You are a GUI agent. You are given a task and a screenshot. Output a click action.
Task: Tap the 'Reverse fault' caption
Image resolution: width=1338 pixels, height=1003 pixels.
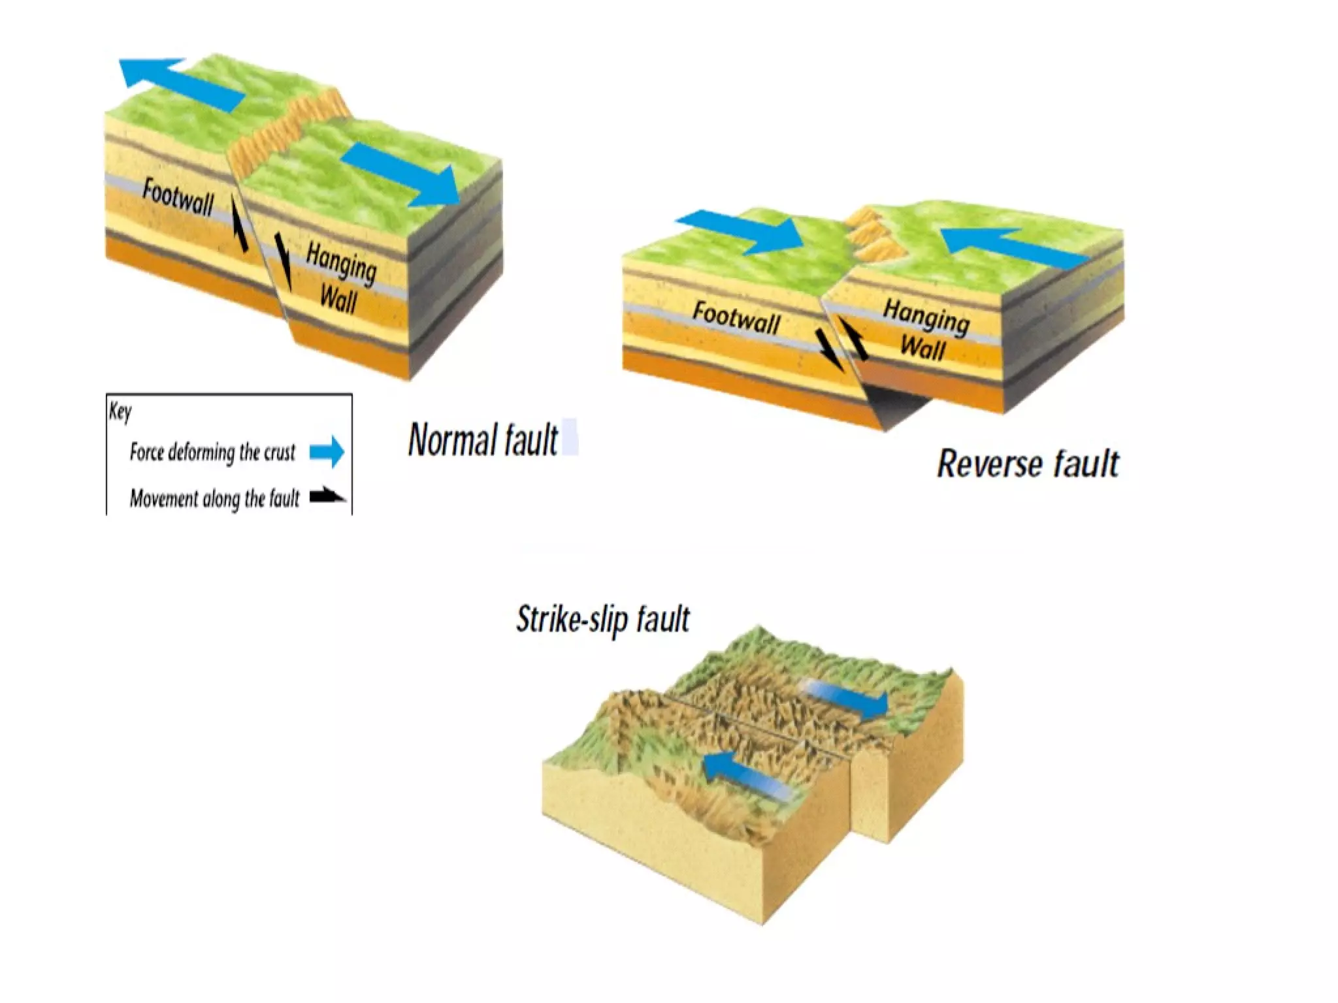point(1028,464)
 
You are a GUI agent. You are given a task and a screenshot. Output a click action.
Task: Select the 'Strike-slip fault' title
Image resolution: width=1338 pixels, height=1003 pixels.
point(602,618)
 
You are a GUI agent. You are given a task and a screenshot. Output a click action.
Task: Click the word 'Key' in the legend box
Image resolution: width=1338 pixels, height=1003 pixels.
point(120,411)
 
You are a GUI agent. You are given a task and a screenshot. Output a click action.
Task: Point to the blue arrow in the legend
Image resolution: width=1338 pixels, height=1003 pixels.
point(327,451)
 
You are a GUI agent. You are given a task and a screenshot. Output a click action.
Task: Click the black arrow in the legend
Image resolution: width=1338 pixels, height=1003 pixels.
point(327,497)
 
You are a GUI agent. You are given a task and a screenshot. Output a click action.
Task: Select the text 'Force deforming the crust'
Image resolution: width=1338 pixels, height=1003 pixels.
point(212,452)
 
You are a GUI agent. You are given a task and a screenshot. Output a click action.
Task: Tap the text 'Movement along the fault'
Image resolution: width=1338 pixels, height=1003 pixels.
point(214,499)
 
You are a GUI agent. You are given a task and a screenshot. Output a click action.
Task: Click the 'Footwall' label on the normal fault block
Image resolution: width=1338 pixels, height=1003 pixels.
point(178,197)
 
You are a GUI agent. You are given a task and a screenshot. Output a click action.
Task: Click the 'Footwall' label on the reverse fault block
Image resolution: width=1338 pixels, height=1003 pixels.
point(736,318)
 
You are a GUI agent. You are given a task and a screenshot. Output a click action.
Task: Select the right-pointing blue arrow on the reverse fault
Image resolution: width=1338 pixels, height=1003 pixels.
point(740,232)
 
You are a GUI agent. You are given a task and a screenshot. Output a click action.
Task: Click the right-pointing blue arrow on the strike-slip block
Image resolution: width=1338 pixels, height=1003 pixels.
point(845,697)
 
